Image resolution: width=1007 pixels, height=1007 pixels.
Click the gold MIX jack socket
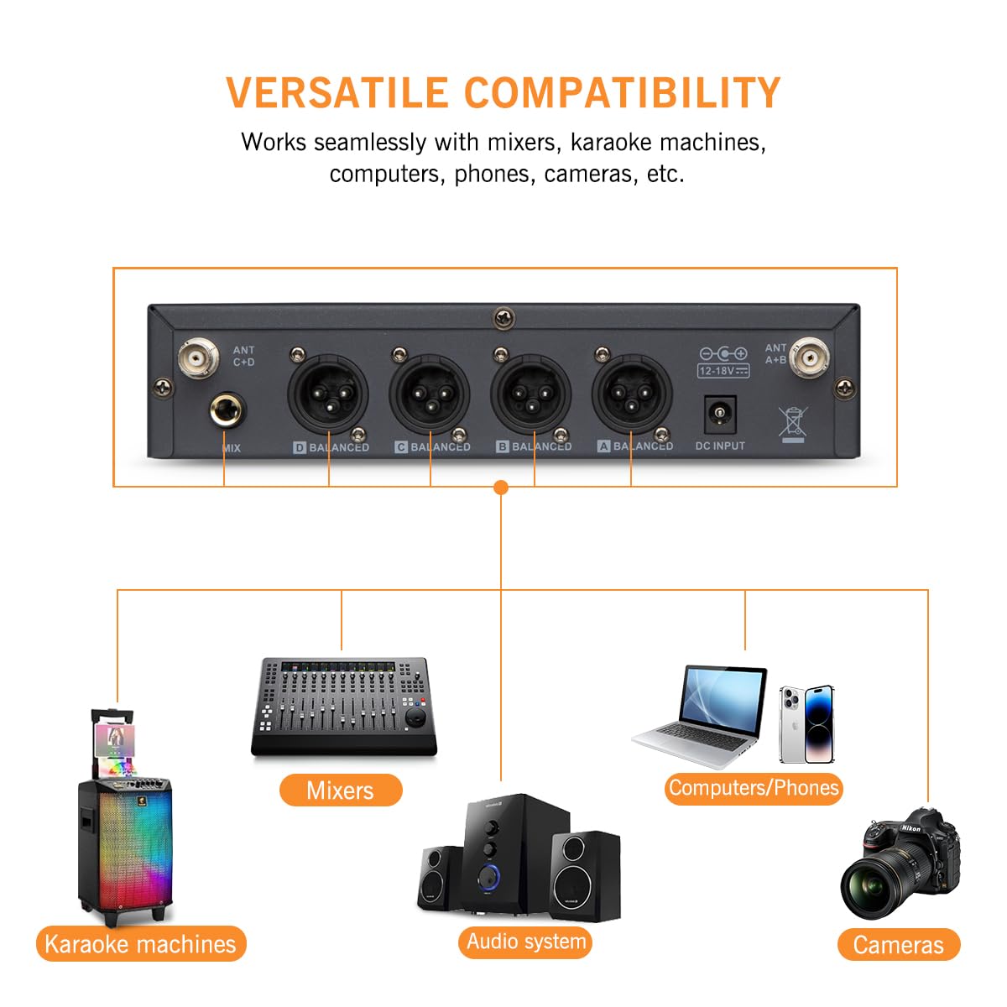point(226,413)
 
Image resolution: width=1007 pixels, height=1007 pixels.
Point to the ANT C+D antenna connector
point(199,358)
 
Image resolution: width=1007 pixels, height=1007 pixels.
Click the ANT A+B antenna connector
point(811,358)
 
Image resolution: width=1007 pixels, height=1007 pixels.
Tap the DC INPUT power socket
point(719,413)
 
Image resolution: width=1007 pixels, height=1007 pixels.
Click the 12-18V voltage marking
point(723,370)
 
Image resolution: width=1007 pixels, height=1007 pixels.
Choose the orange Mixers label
point(340,790)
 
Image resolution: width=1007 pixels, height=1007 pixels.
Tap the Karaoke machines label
point(140,944)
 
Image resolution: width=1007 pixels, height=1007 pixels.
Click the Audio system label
point(526,942)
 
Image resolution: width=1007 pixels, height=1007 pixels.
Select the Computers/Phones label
point(753,788)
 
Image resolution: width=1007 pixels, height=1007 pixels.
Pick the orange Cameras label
point(898,945)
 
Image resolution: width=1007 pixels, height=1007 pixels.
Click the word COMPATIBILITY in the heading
point(622,92)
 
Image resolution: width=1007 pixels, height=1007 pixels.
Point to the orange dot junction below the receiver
point(501,488)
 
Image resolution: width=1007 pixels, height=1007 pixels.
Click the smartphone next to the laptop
point(806,723)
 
